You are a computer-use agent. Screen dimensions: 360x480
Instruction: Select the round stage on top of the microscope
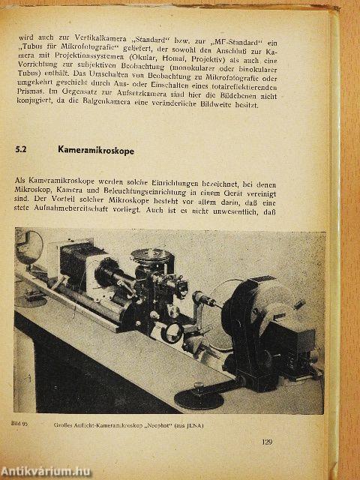[150, 254]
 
